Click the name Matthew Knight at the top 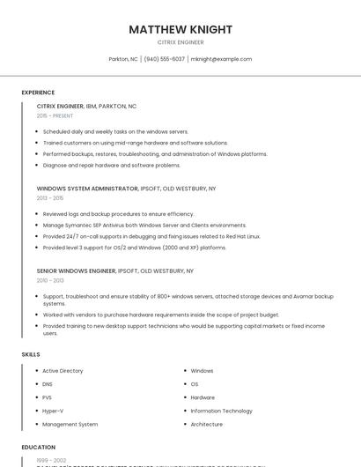coord(180,29)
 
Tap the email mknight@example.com coord(221,59)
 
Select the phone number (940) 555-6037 coord(165,59)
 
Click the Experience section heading coord(38,93)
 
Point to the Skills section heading coord(31,354)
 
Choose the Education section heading coord(38,447)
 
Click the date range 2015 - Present coord(55,115)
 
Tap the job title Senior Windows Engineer coord(76,271)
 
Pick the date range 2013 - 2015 coord(50,198)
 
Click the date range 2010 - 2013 coord(50,281)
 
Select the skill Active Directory coord(63,371)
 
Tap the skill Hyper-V coord(53,411)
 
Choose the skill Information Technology coord(221,411)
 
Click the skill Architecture coord(207,424)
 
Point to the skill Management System coord(70,424)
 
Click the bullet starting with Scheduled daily coord(115,131)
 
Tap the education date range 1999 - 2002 coord(50,460)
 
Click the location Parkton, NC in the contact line coord(123,59)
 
